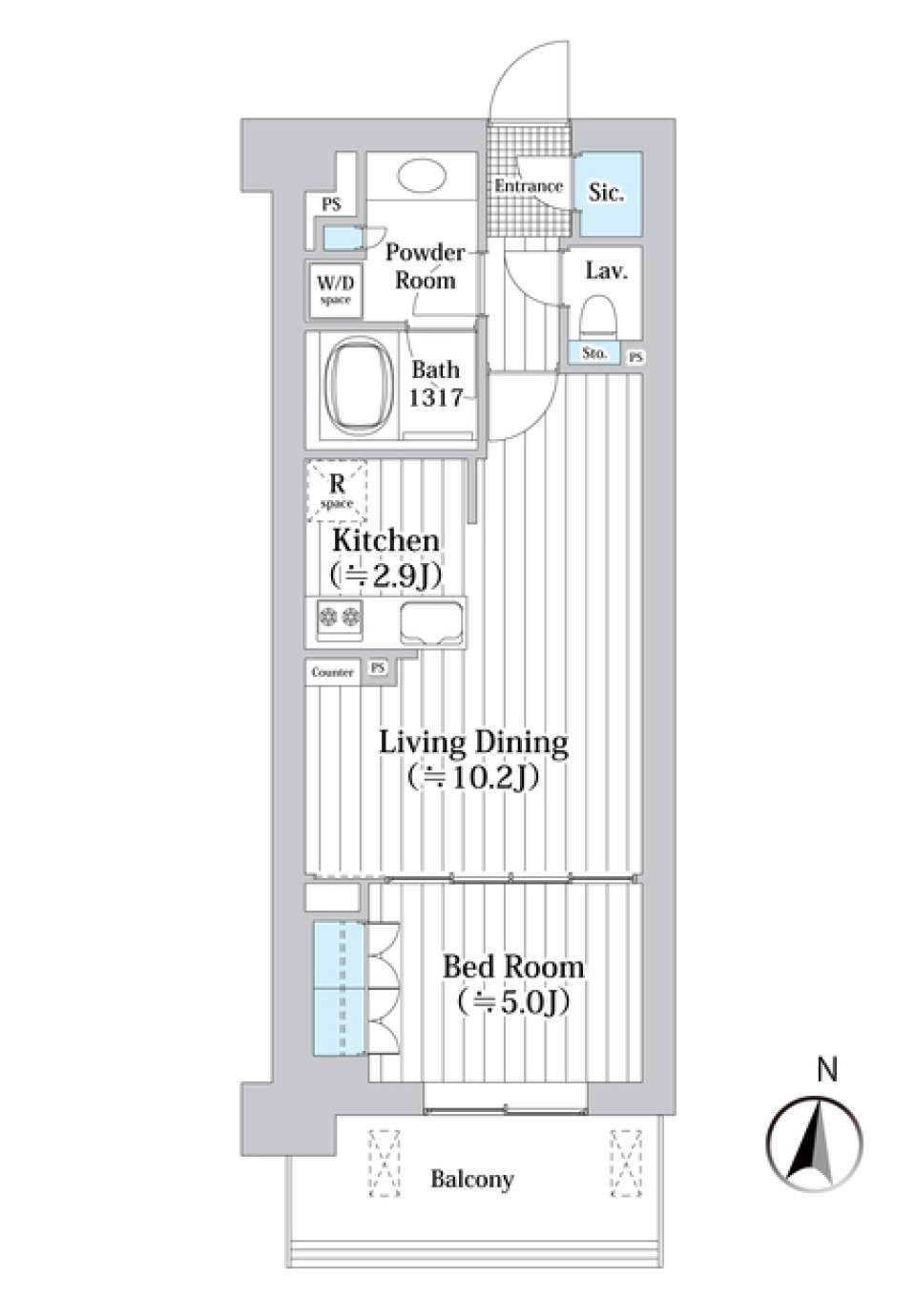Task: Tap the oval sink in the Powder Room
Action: click(422, 176)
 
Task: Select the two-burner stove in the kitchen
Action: click(339, 619)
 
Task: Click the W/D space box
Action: click(335, 290)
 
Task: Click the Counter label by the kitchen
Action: click(332, 673)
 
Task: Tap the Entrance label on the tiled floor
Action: click(529, 186)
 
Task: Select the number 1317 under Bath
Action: click(436, 398)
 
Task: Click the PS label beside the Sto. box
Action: click(636, 357)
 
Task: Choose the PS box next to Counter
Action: click(377, 668)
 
